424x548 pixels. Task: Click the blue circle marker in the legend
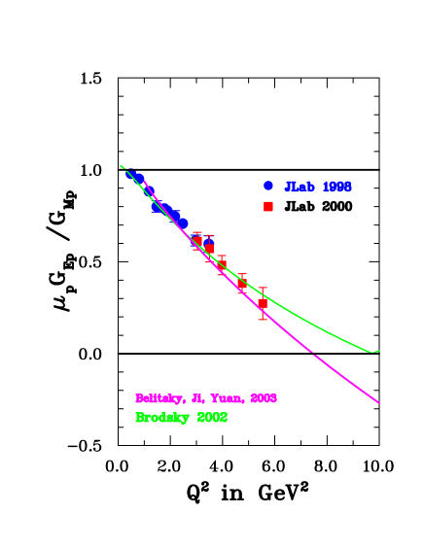268,186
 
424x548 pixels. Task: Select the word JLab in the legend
300,187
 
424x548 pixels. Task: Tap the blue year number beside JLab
336,187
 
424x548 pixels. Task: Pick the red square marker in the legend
268,206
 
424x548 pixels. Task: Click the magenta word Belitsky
157,398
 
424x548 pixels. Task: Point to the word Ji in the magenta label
196,398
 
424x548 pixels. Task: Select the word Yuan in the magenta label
228,398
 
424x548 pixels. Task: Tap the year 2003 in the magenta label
264,398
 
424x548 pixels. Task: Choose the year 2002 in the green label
212,418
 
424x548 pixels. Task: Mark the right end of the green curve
378,351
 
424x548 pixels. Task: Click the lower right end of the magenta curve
378,401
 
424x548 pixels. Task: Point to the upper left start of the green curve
122,166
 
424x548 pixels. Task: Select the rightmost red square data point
263,303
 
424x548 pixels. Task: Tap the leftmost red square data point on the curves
197,240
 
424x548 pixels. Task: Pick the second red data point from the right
241,284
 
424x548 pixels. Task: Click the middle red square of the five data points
222,264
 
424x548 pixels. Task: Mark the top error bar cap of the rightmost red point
263,288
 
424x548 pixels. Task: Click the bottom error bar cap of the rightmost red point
263,319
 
